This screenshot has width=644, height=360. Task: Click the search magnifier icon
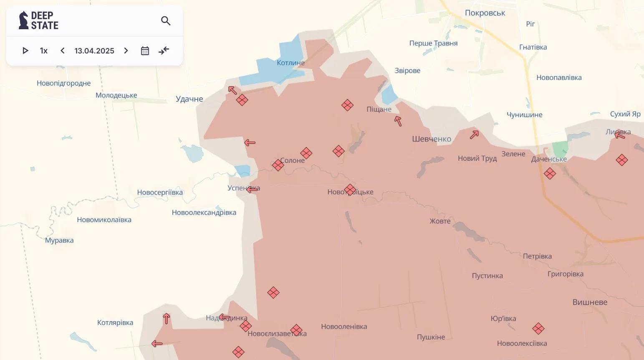pyautogui.click(x=166, y=21)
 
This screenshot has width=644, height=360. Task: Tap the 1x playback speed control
pyautogui.click(x=44, y=51)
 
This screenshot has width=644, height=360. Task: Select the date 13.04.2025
pyautogui.click(x=94, y=51)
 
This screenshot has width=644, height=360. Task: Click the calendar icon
pyautogui.click(x=145, y=51)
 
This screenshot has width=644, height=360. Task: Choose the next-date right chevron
pyautogui.click(x=126, y=51)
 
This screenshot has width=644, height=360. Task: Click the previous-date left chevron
pyautogui.click(x=63, y=51)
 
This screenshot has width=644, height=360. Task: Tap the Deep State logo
pyautogui.click(x=38, y=20)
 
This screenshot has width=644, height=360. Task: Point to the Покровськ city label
pyautogui.click(x=485, y=13)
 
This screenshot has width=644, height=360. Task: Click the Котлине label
pyautogui.click(x=290, y=63)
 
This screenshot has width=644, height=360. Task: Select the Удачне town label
pyautogui.click(x=189, y=99)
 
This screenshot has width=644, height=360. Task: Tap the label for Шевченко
pyautogui.click(x=432, y=139)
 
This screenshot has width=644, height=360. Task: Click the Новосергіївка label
pyautogui.click(x=160, y=193)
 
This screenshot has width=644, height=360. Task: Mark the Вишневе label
pyautogui.click(x=590, y=302)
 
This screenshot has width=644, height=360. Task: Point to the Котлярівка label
pyautogui.click(x=115, y=323)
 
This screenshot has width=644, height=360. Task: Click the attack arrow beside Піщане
pyautogui.click(x=398, y=121)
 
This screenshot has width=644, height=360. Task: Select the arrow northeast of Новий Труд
pyautogui.click(x=474, y=134)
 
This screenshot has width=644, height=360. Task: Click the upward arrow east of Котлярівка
pyautogui.click(x=167, y=319)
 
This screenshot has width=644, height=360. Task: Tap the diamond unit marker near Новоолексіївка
pyautogui.click(x=538, y=329)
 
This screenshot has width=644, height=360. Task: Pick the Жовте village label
pyautogui.click(x=440, y=221)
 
